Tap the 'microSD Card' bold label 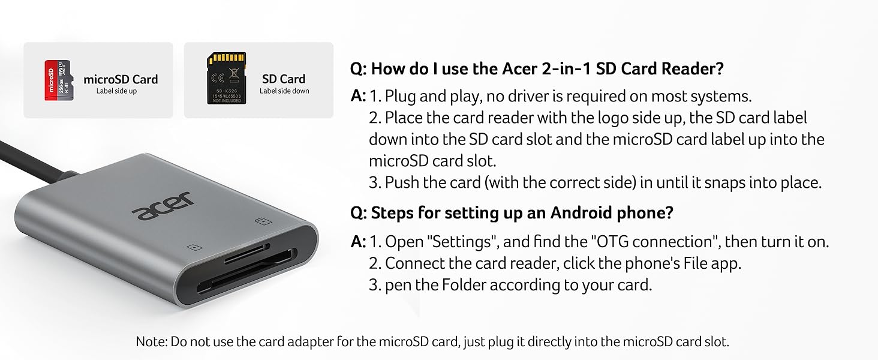(x=121, y=79)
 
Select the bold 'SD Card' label (x=283, y=79)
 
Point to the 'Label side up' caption (x=116, y=91)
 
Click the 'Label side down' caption (x=284, y=91)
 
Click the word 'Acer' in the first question (x=519, y=68)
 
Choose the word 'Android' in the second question (x=581, y=212)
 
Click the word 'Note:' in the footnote (x=151, y=342)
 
